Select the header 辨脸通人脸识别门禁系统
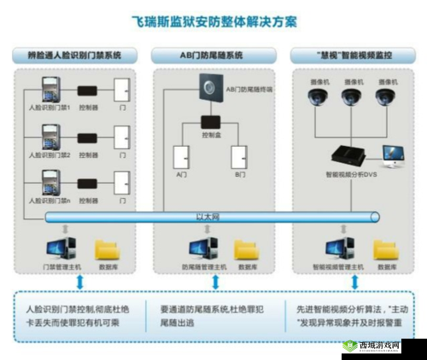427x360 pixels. point(76,55)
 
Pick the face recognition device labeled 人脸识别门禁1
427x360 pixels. point(47,88)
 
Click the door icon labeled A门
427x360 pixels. point(180,158)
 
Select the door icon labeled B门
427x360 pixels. point(238,158)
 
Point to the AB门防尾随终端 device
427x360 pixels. point(208,86)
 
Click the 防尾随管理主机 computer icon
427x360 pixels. point(198,249)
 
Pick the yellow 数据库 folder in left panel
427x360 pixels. point(108,249)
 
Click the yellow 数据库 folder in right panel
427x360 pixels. point(381,249)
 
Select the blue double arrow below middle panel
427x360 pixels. point(213,282)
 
